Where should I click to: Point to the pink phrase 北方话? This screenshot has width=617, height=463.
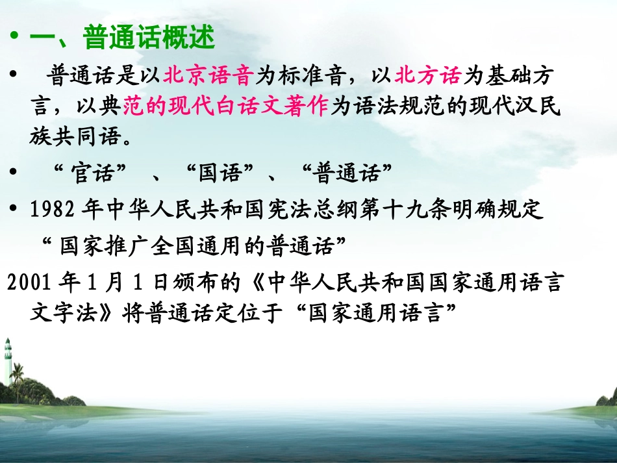(428, 77)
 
